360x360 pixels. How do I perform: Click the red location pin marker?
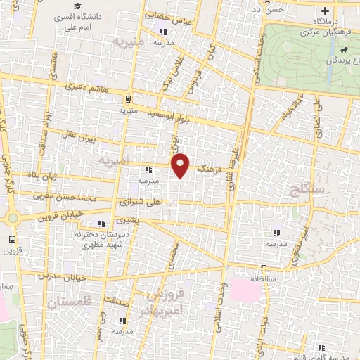181,166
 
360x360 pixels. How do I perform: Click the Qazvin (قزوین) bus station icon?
9,239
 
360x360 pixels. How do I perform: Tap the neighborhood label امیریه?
115,161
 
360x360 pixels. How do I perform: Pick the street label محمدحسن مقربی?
86,198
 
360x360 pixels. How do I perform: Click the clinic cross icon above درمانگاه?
324,11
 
